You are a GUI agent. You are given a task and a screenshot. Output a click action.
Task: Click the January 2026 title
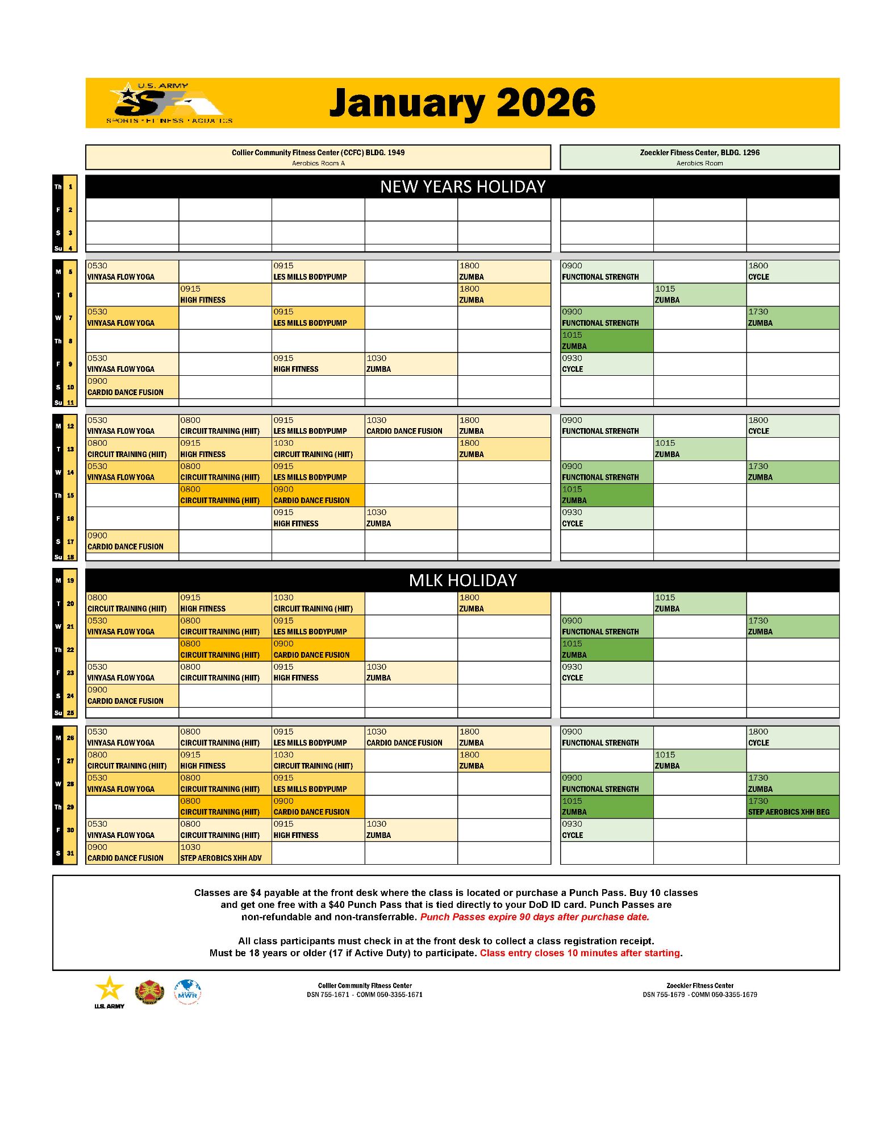[462, 103]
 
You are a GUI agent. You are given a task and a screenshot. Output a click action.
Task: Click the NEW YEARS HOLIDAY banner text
[462, 186]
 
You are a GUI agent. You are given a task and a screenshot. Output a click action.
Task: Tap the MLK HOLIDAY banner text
[462, 580]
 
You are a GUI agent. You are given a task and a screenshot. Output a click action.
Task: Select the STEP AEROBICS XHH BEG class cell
[792, 807]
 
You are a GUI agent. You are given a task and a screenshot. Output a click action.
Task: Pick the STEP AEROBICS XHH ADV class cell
[224, 853]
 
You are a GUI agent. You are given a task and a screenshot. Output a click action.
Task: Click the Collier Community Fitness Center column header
[318, 157]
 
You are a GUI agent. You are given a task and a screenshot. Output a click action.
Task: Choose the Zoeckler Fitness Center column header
[699, 157]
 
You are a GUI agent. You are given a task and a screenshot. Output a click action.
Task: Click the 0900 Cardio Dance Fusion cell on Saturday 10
[131, 387]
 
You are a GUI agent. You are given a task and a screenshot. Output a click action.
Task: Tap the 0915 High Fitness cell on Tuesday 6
[224, 294]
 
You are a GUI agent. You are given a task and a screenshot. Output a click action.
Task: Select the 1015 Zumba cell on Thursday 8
[606, 341]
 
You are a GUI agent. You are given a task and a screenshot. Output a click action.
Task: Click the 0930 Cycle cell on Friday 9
[606, 364]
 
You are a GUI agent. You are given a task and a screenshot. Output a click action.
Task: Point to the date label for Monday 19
[65, 580]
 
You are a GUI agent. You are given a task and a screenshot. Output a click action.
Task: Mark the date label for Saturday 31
[65, 853]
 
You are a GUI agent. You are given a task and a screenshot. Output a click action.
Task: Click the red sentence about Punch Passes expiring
[534, 917]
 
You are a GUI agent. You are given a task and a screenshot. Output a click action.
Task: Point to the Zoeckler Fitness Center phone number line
[699, 995]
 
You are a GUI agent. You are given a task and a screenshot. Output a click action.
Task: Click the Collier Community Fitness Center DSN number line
[364, 995]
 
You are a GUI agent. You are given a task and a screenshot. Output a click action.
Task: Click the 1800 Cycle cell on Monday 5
[792, 271]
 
